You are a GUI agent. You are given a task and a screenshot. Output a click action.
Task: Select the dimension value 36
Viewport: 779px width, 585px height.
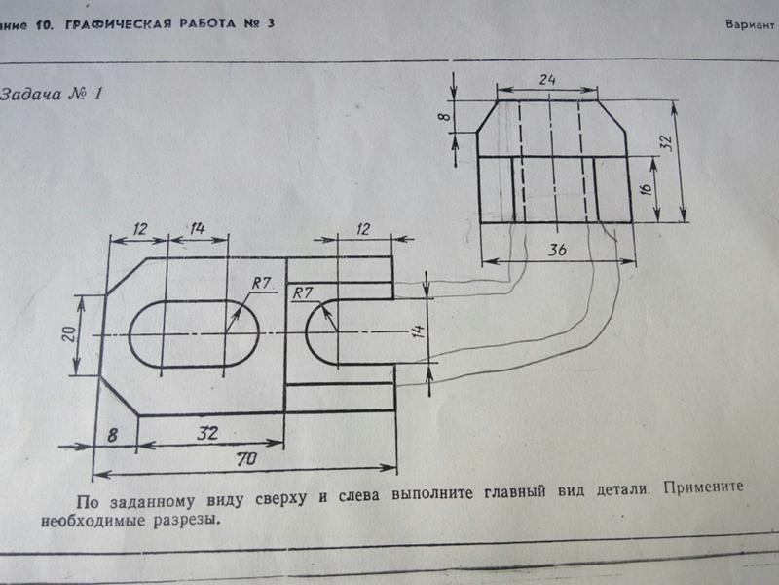click(557, 250)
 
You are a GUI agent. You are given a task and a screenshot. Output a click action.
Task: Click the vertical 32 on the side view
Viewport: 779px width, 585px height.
click(666, 142)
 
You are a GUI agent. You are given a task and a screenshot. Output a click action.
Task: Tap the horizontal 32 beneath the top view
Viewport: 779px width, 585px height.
click(206, 432)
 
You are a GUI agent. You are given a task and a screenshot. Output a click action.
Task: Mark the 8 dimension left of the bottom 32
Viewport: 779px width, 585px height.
click(113, 435)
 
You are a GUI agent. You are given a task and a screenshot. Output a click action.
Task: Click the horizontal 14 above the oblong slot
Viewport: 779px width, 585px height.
click(197, 229)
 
